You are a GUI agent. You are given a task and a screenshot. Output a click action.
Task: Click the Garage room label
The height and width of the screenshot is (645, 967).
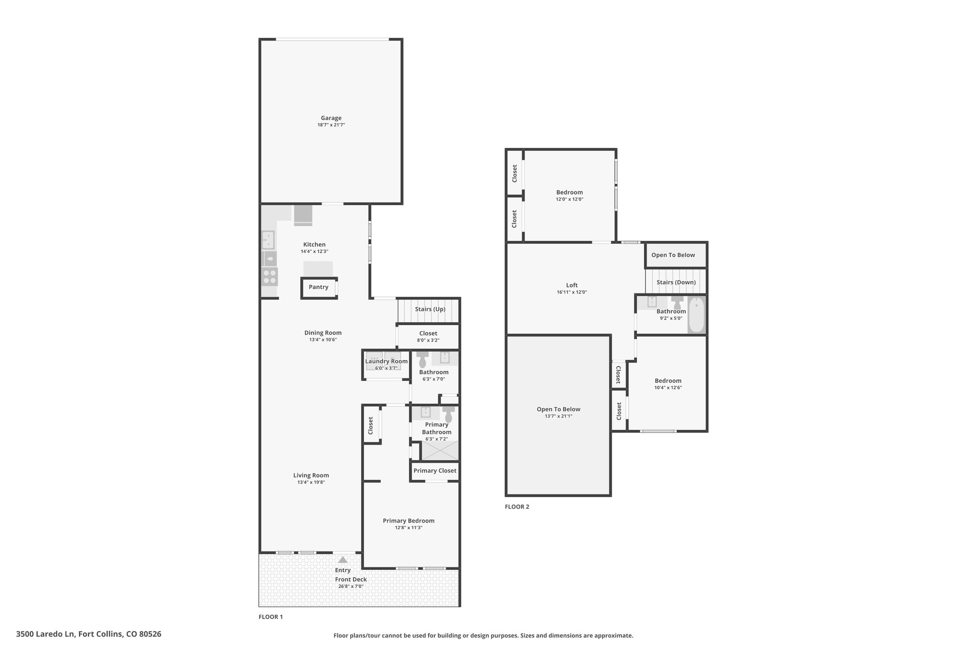(331, 118)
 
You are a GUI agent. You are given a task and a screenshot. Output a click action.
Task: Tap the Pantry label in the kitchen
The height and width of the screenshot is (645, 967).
(318, 287)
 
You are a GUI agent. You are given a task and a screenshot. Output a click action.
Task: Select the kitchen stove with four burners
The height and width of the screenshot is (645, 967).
(270, 276)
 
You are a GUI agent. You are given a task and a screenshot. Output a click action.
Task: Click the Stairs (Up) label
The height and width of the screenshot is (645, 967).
(430, 309)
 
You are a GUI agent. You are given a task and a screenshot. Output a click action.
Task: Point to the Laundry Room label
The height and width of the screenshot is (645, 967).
(386, 361)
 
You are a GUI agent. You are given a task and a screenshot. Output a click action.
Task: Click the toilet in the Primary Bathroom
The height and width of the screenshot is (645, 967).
(448, 414)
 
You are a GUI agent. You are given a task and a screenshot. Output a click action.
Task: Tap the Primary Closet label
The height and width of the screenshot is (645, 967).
(435, 471)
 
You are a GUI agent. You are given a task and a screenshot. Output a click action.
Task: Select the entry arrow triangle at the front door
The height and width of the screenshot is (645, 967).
(343, 559)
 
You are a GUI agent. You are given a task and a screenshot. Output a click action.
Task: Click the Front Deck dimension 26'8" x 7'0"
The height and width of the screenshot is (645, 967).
(351, 586)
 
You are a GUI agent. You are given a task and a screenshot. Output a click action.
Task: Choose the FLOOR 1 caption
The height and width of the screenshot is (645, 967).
(271, 617)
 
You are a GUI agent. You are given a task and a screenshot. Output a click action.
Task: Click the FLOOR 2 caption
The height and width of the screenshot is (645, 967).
(517, 507)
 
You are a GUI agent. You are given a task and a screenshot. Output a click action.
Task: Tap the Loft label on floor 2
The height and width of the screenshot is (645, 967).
(572, 285)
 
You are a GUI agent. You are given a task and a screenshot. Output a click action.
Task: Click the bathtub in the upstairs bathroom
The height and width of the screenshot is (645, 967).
(696, 314)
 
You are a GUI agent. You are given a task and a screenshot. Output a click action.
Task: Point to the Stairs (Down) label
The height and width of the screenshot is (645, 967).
(676, 282)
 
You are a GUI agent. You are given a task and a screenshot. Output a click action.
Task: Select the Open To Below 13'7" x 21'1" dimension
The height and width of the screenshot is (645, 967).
(559, 416)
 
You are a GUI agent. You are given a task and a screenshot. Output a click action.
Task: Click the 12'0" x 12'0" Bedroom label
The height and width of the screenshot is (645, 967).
(569, 192)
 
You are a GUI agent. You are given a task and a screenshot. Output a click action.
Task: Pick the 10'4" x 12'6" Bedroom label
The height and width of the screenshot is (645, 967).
(668, 381)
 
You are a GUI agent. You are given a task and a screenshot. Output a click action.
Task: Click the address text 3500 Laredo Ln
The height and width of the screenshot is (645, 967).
(45, 634)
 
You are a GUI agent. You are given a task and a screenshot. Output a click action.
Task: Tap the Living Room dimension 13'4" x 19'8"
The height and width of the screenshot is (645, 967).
(311, 482)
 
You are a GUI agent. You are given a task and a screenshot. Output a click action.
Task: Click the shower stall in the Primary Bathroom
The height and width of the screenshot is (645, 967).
(440, 450)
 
